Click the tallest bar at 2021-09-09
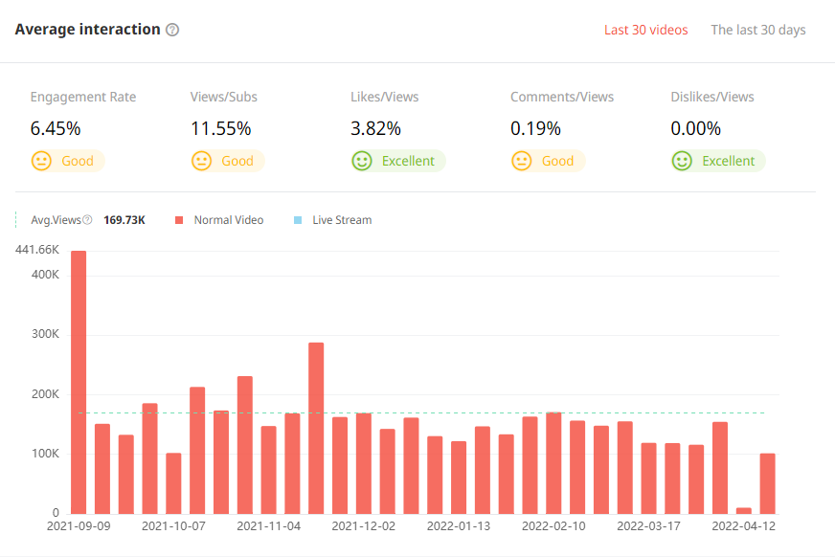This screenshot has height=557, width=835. pos(79,382)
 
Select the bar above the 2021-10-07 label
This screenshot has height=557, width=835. pos(173,483)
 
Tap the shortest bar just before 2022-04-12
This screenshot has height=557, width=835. pos(744,510)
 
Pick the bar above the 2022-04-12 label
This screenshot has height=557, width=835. pos(767,483)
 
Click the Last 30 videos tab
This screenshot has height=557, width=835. pos(645,30)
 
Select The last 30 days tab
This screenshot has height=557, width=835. pos(757,30)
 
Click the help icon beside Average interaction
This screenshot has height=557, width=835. pos(172,30)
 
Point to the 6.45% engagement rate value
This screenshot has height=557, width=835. pos(56,128)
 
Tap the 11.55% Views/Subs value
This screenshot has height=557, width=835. pos(221,128)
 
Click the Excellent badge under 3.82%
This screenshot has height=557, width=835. pos(408,161)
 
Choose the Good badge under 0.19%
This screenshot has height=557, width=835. pos(557,161)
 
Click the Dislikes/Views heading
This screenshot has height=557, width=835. pos(712,97)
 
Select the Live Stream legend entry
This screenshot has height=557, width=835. pos(341,220)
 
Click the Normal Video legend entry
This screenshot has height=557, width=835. pos(228,220)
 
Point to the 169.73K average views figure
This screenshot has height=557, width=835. pos(124,220)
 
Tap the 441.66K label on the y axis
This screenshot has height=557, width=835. pos(37,250)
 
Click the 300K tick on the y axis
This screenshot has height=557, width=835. pos(45,335)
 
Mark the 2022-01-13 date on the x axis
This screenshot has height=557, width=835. pos(459,526)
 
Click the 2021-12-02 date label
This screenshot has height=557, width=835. pos(364,526)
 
